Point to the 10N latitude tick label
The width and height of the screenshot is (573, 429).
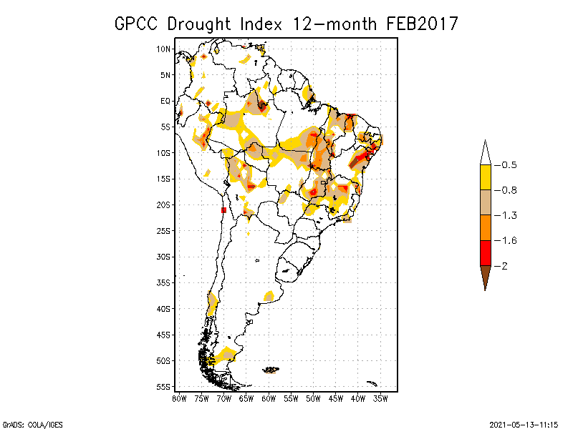pyautogui.click(x=164, y=49)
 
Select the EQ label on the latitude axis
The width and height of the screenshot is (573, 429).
pyautogui.click(x=165, y=101)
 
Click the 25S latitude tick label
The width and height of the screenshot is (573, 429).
pyautogui.click(x=164, y=230)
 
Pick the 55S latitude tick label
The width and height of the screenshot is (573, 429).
pyautogui.click(x=164, y=386)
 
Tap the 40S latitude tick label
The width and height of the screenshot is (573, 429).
pyautogui.click(x=164, y=308)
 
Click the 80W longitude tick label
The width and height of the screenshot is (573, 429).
pyautogui.click(x=179, y=398)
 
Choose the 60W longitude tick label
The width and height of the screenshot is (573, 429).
pyautogui.click(x=269, y=398)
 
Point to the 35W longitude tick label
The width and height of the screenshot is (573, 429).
pyautogui.click(x=380, y=398)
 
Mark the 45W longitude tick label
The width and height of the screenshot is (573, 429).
pyautogui.click(x=336, y=398)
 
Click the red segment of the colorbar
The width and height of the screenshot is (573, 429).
pyautogui.click(x=485, y=252)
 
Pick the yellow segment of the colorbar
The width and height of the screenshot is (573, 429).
pyautogui.click(x=485, y=177)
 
